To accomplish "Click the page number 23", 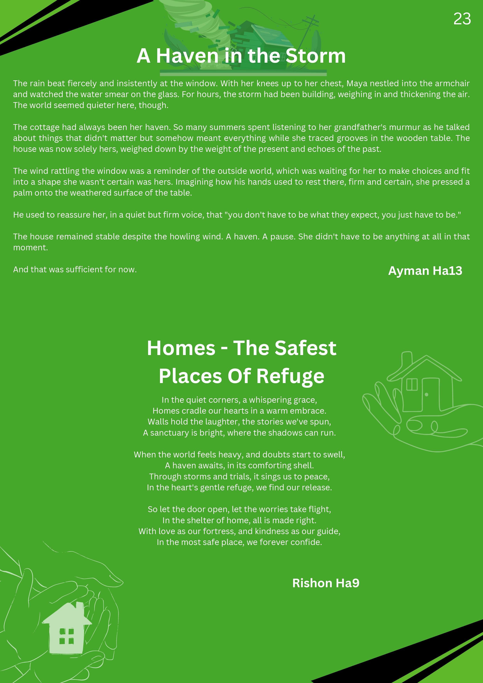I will pyautogui.click(x=462, y=19).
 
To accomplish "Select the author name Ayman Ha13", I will pyautogui.click(x=425, y=271).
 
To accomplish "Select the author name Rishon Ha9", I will pyautogui.click(x=326, y=583).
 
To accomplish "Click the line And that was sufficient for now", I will pyautogui.click(x=75, y=270).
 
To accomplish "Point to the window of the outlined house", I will pyautogui.click(x=412, y=384).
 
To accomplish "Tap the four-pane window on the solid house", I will pyautogui.click(x=66, y=636).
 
